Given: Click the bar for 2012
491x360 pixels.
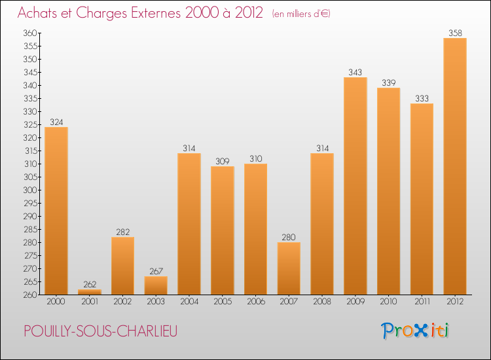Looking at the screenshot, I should [x=455, y=166].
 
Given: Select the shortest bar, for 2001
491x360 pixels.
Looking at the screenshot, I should [x=90, y=292].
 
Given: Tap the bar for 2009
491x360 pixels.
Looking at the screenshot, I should [x=355, y=186].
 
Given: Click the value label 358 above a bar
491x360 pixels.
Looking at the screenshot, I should [x=455, y=32].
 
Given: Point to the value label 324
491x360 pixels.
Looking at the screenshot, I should [x=56, y=121].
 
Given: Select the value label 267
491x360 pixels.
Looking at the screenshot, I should [x=156, y=270].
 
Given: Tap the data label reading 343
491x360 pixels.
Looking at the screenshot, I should [x=355, y=72].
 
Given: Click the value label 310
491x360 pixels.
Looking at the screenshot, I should [x=255, y=158].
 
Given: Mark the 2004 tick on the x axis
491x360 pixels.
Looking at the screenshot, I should [x=189, y=301].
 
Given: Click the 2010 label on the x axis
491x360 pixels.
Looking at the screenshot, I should [x=389, y=301].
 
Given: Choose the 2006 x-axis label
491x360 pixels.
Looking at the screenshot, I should [x=255, y=301].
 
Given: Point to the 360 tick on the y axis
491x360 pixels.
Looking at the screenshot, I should [x=30, y=33].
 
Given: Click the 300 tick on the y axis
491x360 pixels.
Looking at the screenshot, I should [x=30, y=190].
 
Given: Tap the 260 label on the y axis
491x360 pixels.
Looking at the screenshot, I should [x=30, y=295].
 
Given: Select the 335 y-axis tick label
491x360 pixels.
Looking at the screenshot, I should [x=30, y=98].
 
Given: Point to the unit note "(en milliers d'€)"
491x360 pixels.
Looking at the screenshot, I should [x=302, y=14].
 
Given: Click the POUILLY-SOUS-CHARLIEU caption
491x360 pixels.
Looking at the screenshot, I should [x=101, y=331].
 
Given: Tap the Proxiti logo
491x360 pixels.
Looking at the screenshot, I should [x=414, y=331].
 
